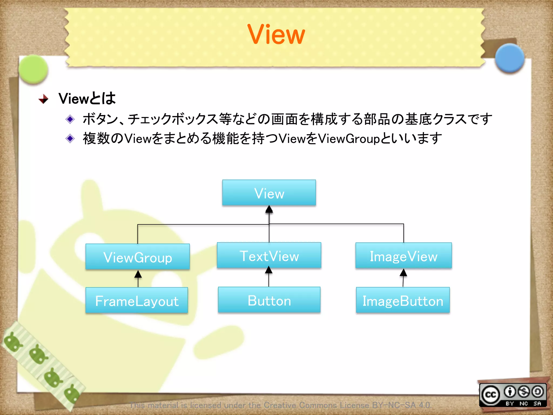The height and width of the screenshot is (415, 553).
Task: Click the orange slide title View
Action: [x=276, y=34]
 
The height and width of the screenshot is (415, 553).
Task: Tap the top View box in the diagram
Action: [x=269, y=193]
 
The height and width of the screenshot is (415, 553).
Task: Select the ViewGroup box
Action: [x=137, y=257]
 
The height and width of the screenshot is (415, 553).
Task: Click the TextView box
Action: [x=269, y=256]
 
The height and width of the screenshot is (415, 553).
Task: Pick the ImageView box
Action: [x=403, y=256]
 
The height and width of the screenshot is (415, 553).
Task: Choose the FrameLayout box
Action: [x=137, y=300]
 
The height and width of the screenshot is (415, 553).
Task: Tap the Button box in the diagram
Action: [x=269, y=300]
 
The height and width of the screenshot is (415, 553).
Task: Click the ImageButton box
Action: [x=403, y=300]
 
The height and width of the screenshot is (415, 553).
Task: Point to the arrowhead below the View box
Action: [x=269, y=209]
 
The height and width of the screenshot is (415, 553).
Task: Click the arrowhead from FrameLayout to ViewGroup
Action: [x=138, y=274]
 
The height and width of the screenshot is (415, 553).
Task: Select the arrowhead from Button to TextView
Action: [x=269, y=270]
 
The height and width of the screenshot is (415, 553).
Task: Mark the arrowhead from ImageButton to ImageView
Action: [x=403, y=272]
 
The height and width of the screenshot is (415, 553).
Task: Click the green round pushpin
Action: [x=33, y=69]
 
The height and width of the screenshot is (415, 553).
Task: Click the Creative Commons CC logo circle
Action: [x=490, y=395]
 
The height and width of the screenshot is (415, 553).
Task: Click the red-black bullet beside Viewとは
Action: [x=43, y=99]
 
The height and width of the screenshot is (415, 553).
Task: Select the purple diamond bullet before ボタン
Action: [x=70, y=119]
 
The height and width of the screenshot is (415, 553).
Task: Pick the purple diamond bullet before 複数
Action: [x=70, y=139]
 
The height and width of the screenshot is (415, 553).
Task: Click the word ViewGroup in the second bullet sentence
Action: [x=349, y=139]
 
